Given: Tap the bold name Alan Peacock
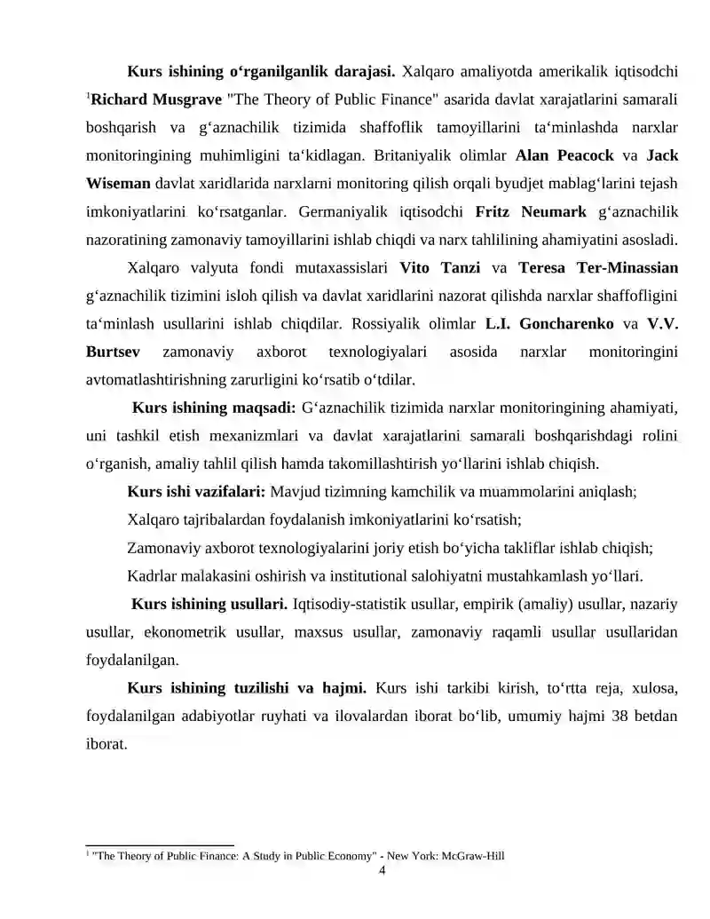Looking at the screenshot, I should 564,155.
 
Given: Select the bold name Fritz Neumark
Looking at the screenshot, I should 531,212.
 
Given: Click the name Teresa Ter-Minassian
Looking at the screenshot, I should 598,267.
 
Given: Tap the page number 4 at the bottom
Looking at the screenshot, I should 382,871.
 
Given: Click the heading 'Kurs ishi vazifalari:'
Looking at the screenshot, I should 196,491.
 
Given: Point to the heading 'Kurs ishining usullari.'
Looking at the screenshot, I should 209,605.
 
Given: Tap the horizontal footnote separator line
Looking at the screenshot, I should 159,845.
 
